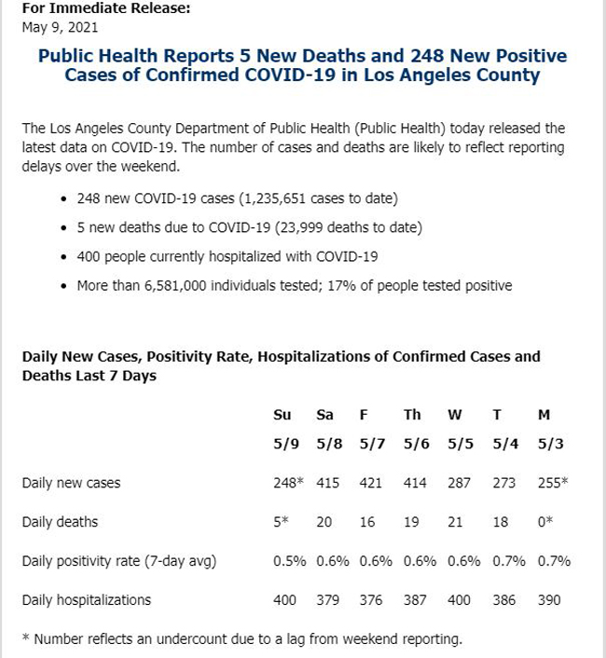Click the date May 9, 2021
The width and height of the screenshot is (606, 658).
[x=60, y=28]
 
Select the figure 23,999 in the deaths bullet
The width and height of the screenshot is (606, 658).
[x=302, y=227]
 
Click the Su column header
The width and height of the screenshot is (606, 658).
[x=282, y=415]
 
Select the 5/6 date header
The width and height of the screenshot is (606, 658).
[x=417, y=444]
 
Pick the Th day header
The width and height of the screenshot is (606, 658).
[x=412, y=415]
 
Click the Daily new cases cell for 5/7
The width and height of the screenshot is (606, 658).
[x=370, y=483]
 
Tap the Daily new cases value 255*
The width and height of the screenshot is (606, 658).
[x=553, y=483]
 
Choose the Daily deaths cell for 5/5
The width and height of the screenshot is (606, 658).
[x=455, y=522]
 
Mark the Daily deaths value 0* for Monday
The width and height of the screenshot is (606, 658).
[x=545, y=522]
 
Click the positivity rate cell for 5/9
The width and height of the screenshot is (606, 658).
[x=290, y=561]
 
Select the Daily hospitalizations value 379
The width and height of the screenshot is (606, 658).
[x=328, y=600]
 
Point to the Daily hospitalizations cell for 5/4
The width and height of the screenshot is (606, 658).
[x=504, y=600]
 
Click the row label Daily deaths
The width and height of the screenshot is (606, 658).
[x=60, y=522]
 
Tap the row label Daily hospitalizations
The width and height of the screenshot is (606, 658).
[x=86, y=600]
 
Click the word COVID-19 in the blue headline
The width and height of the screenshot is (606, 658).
[x=290, y=75]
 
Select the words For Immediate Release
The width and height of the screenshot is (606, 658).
[x=105, y=8]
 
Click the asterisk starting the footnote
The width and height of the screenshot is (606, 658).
[x=26, y=637]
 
